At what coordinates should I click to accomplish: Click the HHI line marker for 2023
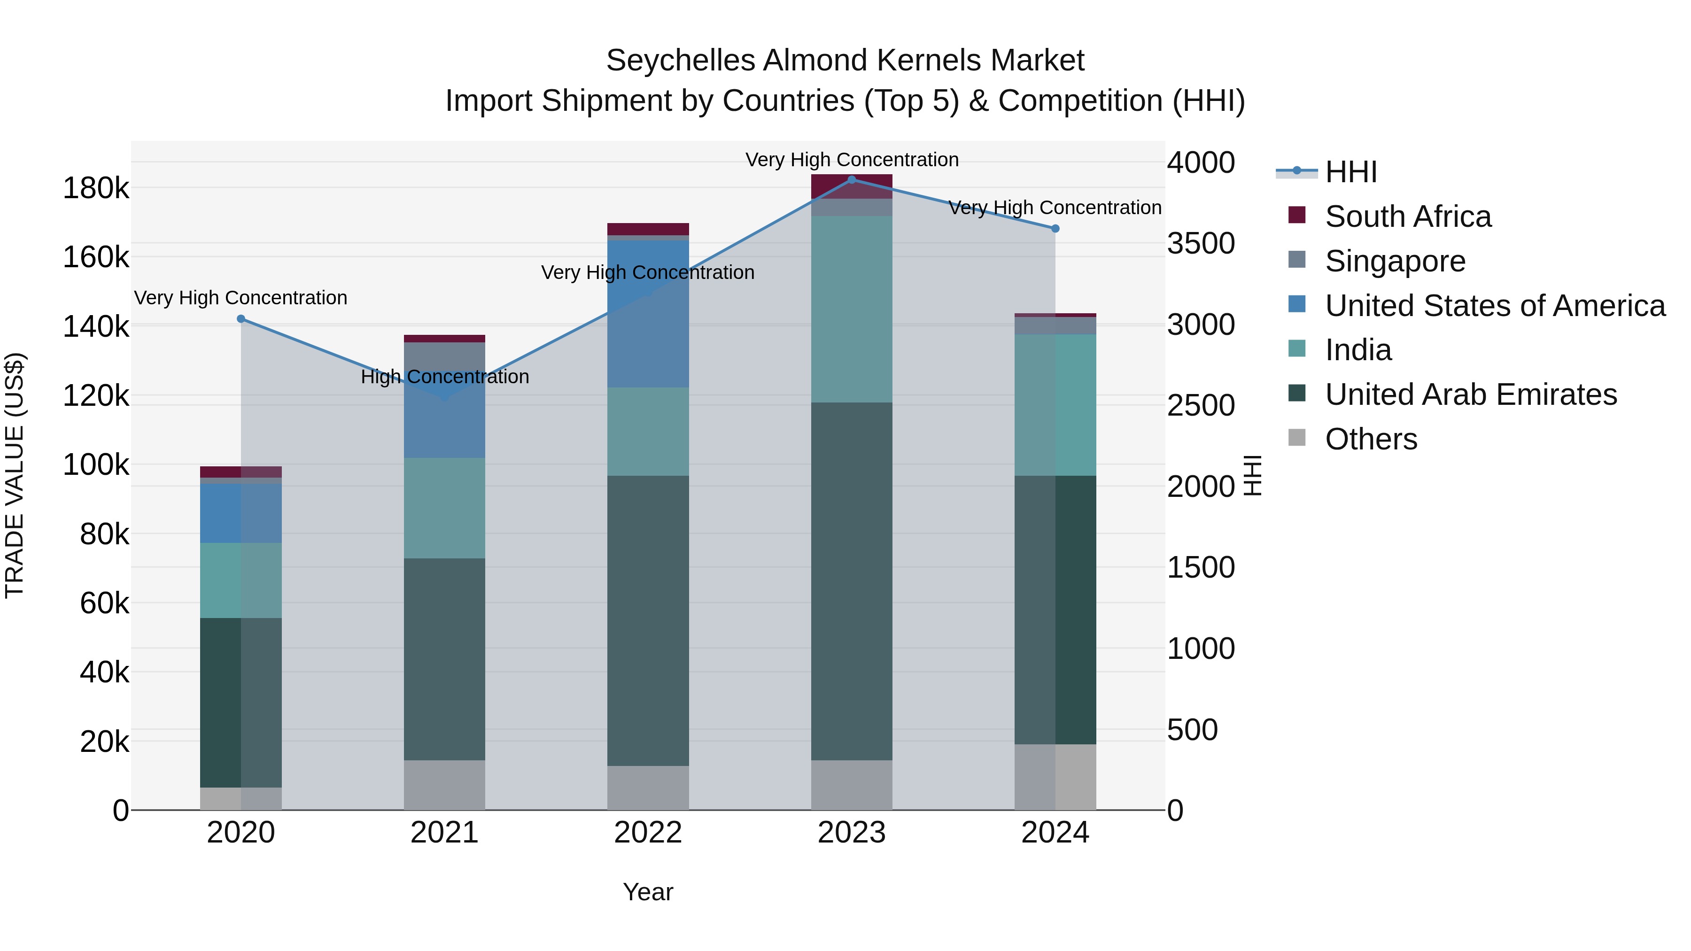tap(852, 180)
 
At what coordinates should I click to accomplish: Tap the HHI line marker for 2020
tap(241, 319)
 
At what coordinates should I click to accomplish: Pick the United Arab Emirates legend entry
tap(1470, 394)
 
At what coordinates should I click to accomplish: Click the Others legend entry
tap(1371, 439)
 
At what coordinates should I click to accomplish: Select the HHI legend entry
tap(1350, 172)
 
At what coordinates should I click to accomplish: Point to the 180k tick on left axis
tap(96, 188)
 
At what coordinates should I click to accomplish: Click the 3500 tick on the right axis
tap(1201, 243)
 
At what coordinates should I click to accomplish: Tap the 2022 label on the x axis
tap(648, 833)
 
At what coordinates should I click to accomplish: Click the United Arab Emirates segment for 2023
tap(852, 581)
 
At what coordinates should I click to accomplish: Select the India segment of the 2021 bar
tap(444, 508)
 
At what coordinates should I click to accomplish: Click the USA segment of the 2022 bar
tap(648, 314)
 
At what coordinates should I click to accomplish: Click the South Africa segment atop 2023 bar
tap(852, 186)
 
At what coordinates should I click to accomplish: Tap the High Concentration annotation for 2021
tap(444, 377)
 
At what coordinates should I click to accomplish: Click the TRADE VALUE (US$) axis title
tap(15, 475)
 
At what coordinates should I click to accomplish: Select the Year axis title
tap(648, 892)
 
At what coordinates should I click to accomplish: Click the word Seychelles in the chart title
tap(680, 61)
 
